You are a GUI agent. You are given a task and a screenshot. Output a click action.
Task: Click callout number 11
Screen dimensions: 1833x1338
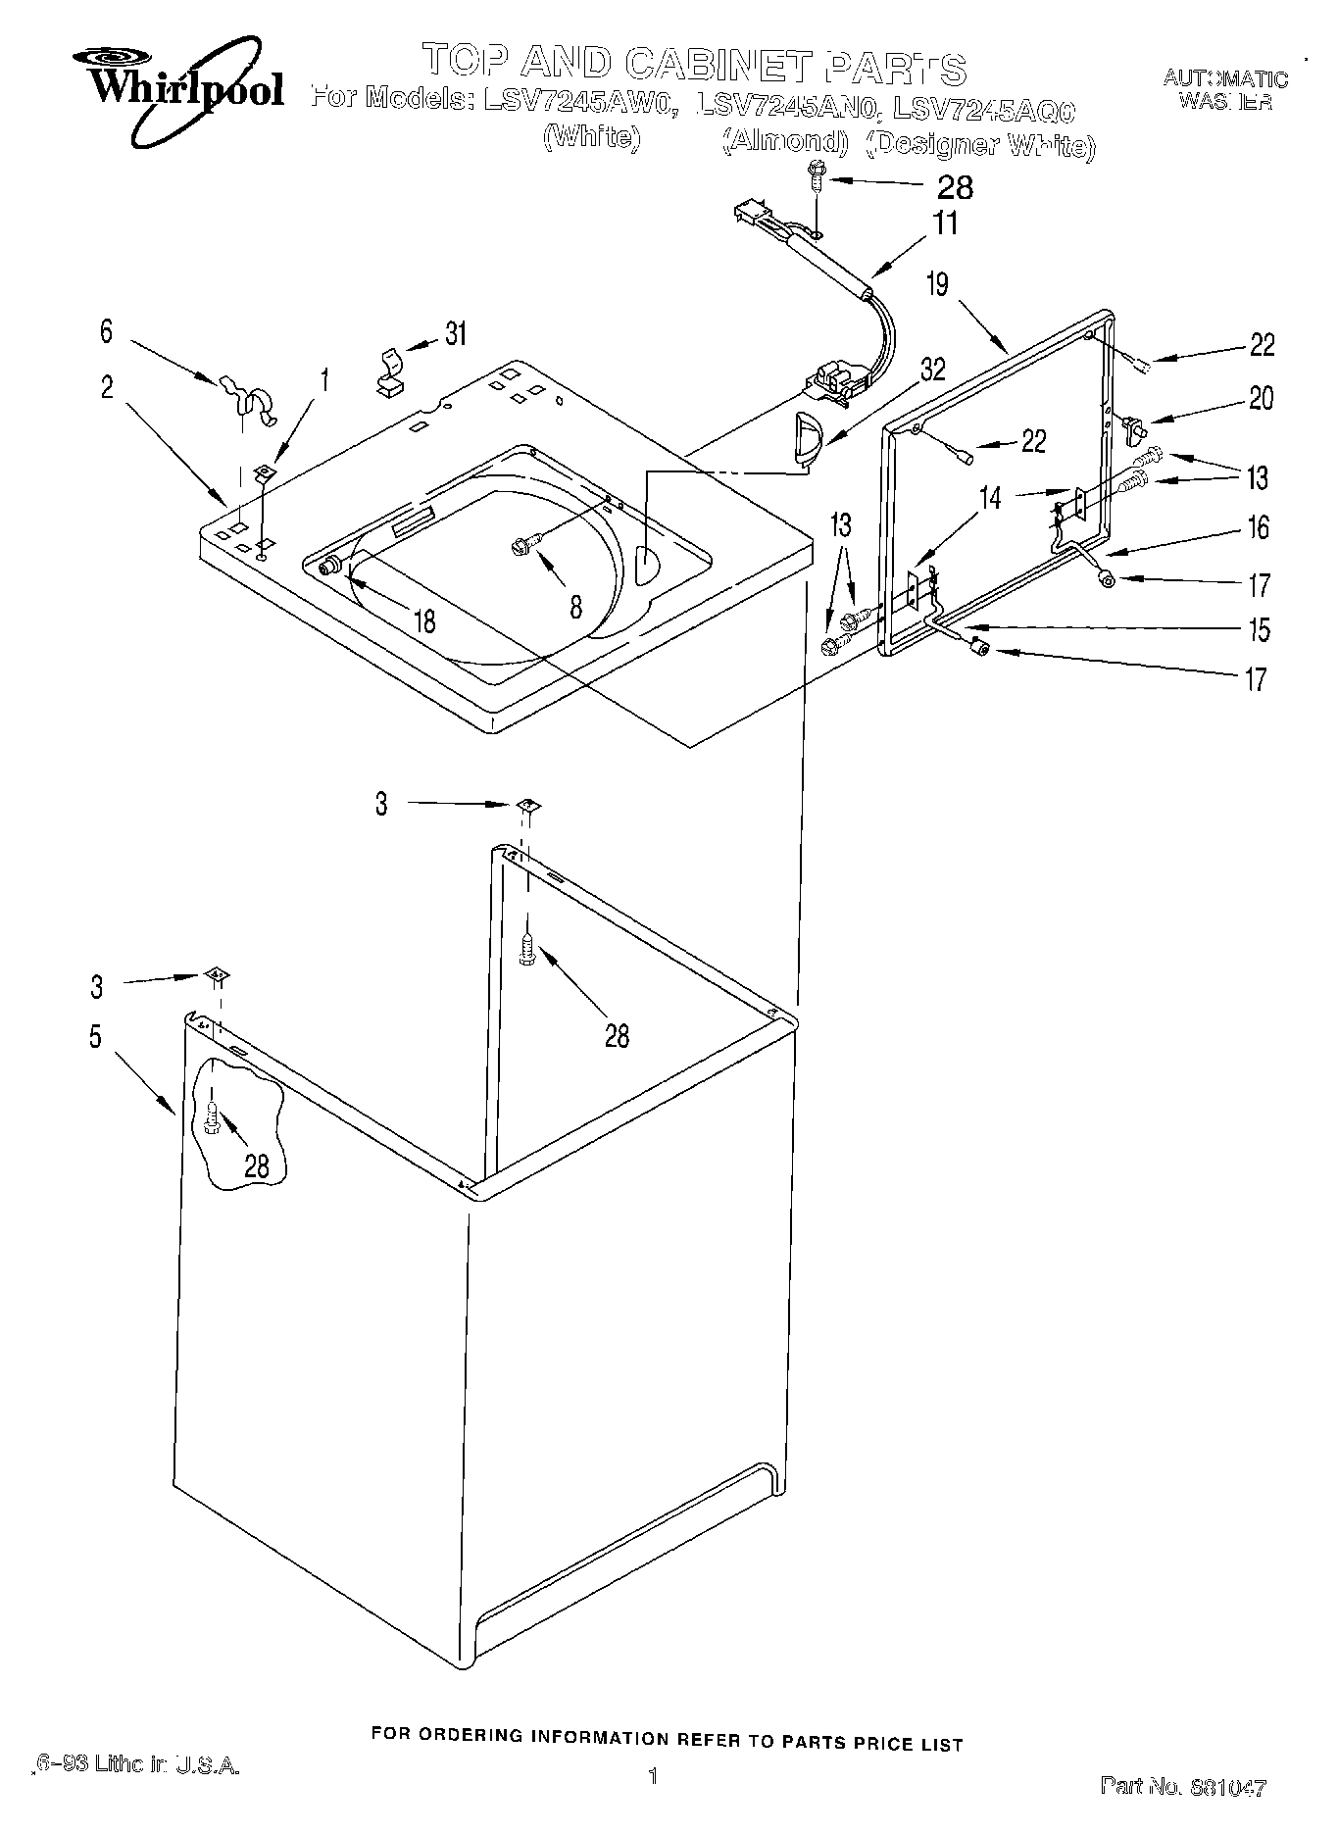pos(945,223)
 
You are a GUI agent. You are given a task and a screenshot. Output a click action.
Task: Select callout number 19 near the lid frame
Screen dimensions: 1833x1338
pos(937,284)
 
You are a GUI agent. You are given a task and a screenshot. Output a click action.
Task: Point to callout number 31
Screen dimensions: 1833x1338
pos(455,334)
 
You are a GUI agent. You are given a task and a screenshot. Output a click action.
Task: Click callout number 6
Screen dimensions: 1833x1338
pos(106,331)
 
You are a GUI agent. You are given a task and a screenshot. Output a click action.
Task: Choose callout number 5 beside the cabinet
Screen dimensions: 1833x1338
pos(95,1037)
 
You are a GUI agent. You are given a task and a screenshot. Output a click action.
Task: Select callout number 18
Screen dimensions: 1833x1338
pos(424,621)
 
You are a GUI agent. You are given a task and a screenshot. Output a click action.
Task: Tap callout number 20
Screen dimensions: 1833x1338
pos(1261,398)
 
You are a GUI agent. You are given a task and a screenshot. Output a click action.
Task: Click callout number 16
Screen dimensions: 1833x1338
pos(1258,528)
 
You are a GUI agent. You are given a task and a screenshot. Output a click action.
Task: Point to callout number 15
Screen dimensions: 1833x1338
pos(1258,628)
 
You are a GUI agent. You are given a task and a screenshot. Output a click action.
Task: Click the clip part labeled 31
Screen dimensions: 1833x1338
pos(389,371)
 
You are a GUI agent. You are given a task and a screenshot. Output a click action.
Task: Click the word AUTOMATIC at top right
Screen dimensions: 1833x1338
pos(1225,79)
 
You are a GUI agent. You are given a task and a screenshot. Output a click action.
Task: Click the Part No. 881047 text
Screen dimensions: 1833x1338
pos(1183,1787)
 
